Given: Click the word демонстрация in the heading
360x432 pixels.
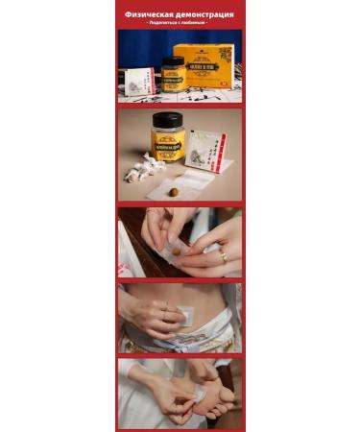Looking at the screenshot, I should click(204, 15).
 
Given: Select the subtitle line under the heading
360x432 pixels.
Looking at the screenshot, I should click(180, 24).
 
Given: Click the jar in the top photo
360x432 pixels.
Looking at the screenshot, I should click(172, 74).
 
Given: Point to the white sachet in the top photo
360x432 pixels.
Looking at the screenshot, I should click(140, 82).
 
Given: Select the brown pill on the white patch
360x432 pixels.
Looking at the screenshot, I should click(174, 191).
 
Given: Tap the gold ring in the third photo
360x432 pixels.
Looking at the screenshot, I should click(222, 256).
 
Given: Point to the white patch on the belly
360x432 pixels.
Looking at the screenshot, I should click(185, 315).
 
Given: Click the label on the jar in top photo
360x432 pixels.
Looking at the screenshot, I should click(172, 78).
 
